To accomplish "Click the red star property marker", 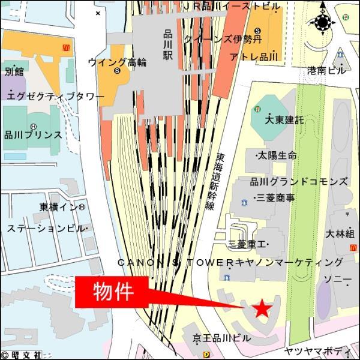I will [x=262, y=309].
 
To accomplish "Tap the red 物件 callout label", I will [x=113, y=292].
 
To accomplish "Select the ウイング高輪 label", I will [x=117, y=62].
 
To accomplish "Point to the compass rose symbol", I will [x=323, y=23].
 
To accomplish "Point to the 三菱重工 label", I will [x=248, y=244].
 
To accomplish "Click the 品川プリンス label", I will [x=33, y=135].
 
